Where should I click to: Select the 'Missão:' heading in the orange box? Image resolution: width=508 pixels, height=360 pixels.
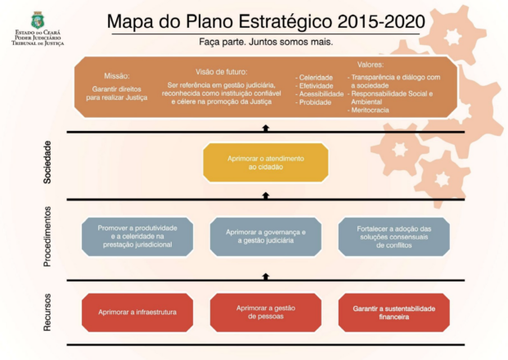(x=117, y=75)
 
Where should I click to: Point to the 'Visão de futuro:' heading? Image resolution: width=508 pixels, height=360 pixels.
(x=222, y=71)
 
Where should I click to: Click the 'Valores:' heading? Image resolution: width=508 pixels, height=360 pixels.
(x=371, y=64)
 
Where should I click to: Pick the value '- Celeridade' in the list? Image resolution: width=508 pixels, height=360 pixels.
(x=316, y=77)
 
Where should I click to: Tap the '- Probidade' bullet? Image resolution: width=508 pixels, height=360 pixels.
(x=315, y=103)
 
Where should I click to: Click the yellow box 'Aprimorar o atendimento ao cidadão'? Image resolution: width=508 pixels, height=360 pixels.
(x=265, y=162)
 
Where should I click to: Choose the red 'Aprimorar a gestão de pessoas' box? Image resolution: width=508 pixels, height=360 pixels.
(x=265, y=313)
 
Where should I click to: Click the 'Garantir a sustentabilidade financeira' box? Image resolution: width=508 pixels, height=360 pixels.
(x=393, y=313)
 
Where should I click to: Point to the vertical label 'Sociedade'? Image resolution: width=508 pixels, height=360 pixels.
(x=47, y=162)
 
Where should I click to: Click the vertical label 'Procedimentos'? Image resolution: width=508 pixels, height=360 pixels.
(x=47, y=236)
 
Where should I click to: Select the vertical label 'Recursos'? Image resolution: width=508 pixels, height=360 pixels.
(x=47, y=312)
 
